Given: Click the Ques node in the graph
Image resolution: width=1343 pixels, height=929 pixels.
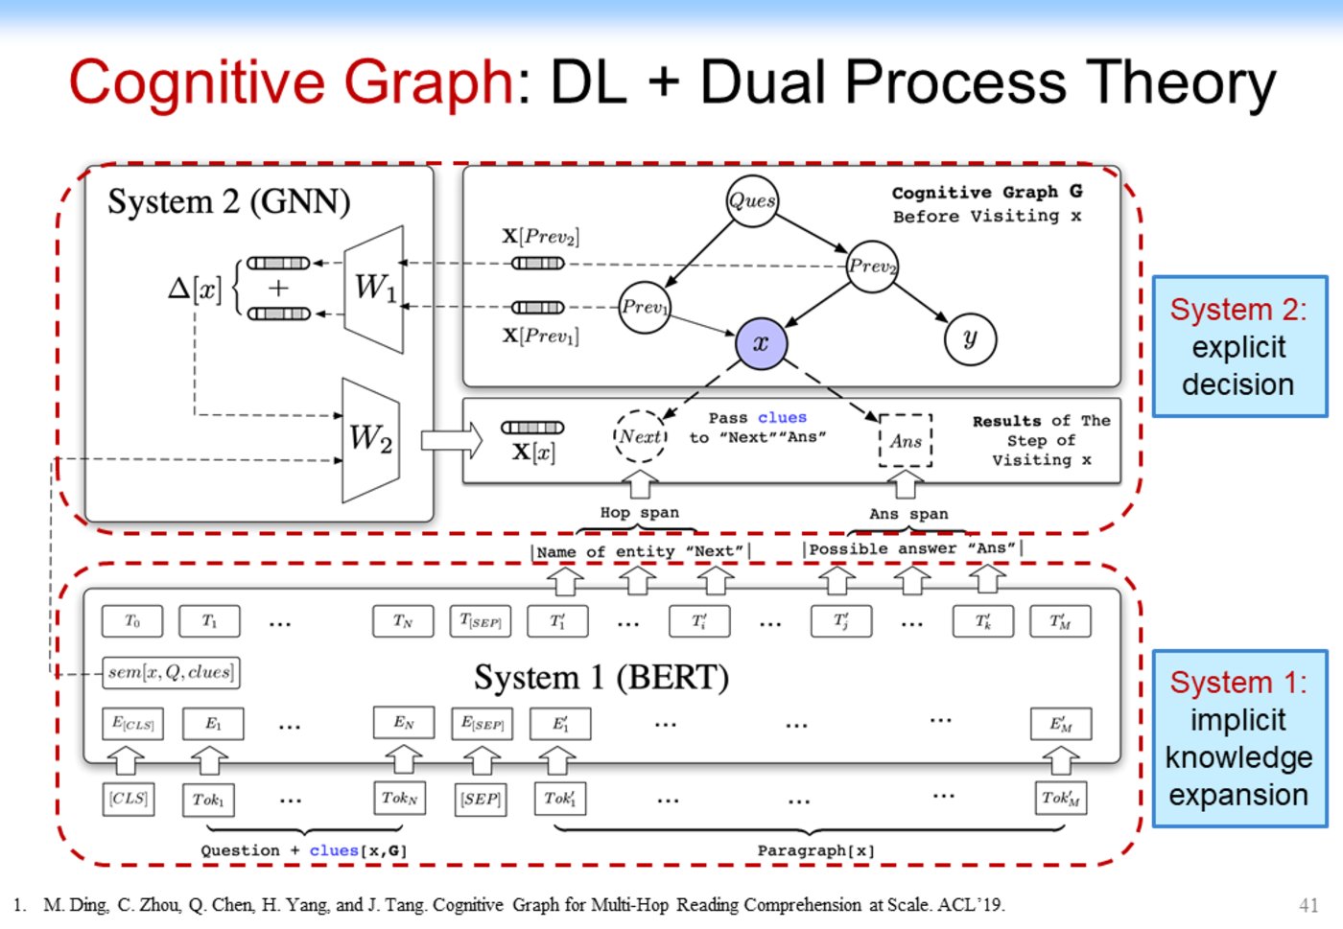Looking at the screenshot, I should (752, 201).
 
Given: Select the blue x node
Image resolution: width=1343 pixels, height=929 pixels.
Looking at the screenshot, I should (761, 343).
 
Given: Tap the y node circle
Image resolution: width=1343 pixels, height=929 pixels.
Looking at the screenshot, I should (970, 338).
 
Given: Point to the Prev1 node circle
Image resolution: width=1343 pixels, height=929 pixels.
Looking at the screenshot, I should (644, 308).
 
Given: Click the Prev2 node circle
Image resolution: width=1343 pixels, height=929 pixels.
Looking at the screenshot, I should (872, 266).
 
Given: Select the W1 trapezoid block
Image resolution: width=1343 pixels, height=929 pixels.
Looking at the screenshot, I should (374, 289).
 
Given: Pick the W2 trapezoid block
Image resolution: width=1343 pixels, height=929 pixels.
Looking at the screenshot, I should (370, 440).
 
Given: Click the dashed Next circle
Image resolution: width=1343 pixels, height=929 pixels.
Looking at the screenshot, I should (640, 437).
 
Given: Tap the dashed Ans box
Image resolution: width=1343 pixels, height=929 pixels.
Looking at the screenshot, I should (906, 441).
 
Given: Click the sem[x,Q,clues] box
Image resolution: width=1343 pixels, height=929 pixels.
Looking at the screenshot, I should (171, 672).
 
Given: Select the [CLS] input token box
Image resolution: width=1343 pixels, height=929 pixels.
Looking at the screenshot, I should (129, 799).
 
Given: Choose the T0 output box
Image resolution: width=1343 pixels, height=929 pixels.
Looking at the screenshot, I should (132, 621).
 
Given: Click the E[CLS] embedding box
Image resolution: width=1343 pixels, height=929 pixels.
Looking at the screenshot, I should (132, 724).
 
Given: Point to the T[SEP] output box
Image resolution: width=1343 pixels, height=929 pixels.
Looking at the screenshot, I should (481, 621).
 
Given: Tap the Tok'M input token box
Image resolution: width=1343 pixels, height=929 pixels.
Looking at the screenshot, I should (1060, 799).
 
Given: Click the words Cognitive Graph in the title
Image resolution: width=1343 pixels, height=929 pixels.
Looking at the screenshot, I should (292, 82).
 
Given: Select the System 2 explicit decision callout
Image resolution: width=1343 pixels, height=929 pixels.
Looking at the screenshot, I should (1238, 347).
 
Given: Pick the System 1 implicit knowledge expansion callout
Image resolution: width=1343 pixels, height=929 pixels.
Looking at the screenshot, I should (1238, 738).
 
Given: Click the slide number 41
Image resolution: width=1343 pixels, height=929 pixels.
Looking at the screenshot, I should (1308, 905).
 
